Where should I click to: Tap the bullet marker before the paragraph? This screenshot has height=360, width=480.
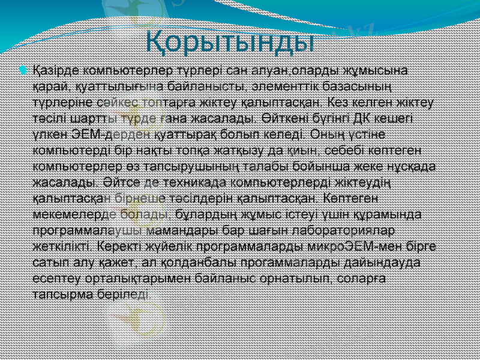(23, 71)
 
